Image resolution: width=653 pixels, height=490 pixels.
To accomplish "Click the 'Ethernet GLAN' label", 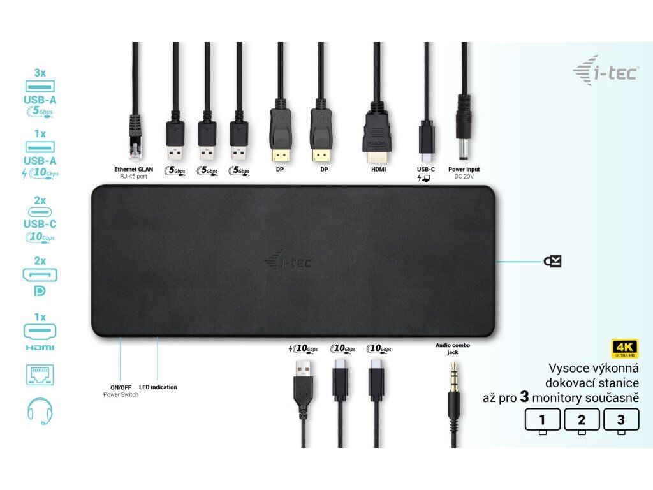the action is (134, 169).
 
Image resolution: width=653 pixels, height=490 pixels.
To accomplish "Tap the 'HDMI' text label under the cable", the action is (378, 170).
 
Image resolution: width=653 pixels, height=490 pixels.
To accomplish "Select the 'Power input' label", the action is (464, 170).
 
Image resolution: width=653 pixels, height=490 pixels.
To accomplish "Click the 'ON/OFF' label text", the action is (121, 387).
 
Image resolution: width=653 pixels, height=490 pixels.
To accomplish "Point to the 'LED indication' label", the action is (158, 387).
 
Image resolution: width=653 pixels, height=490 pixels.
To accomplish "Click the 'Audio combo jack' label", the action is (453, 348).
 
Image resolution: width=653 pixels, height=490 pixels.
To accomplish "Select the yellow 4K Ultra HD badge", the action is (624, 348).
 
